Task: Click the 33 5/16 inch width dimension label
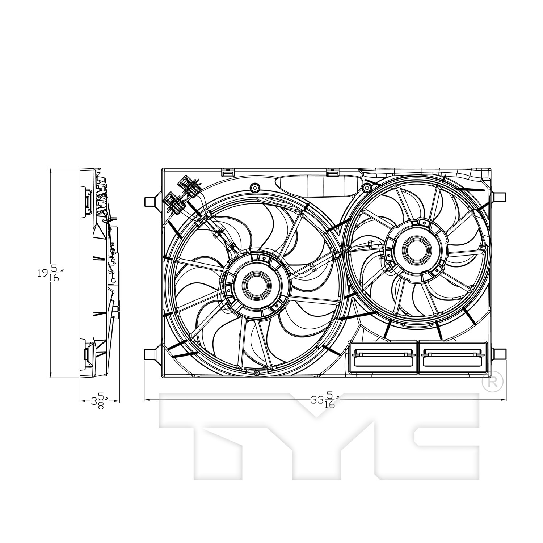pos(325,400)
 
